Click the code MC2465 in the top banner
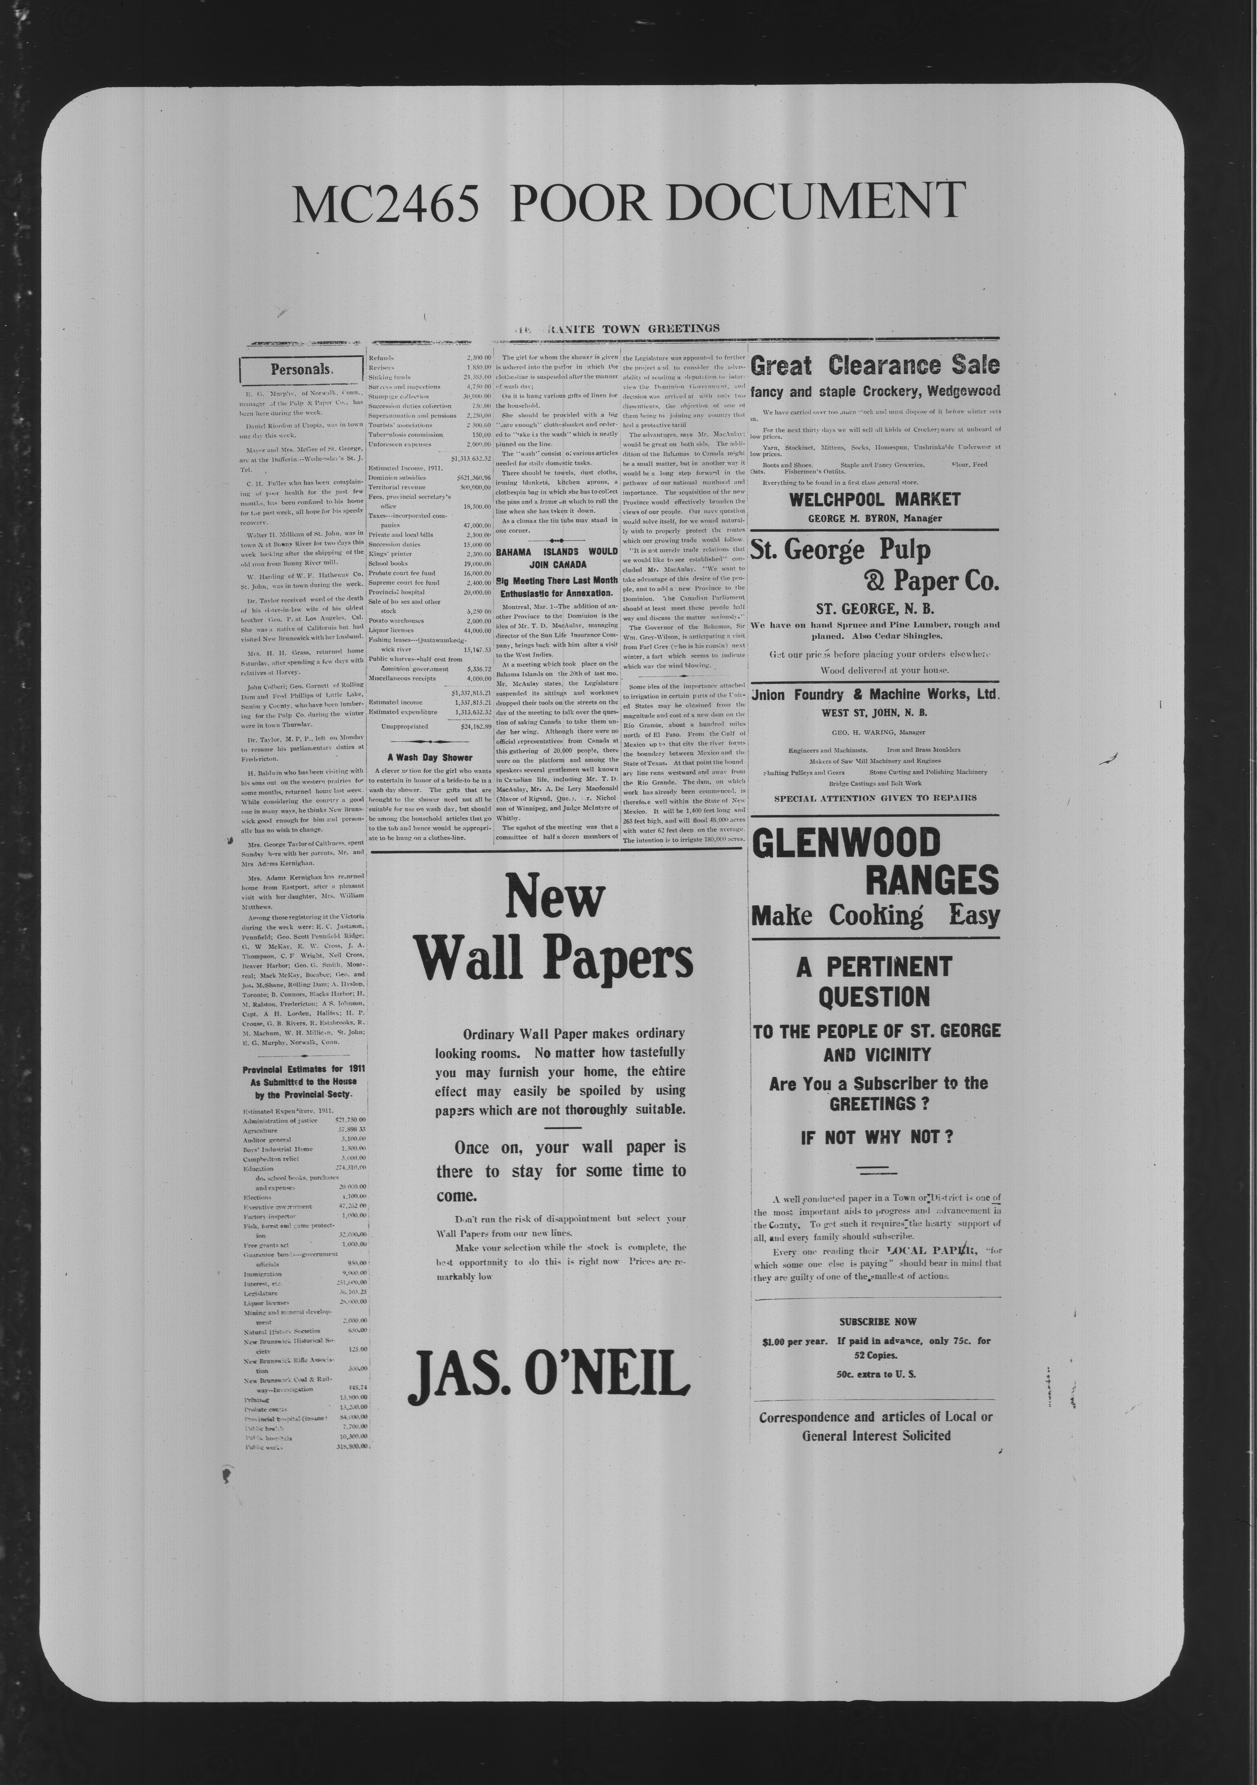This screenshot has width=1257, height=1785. [x=385, y=204]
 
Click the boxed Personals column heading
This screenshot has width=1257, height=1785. [x=301, y=370]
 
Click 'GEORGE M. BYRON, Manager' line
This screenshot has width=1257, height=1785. [x=874, y=519]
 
